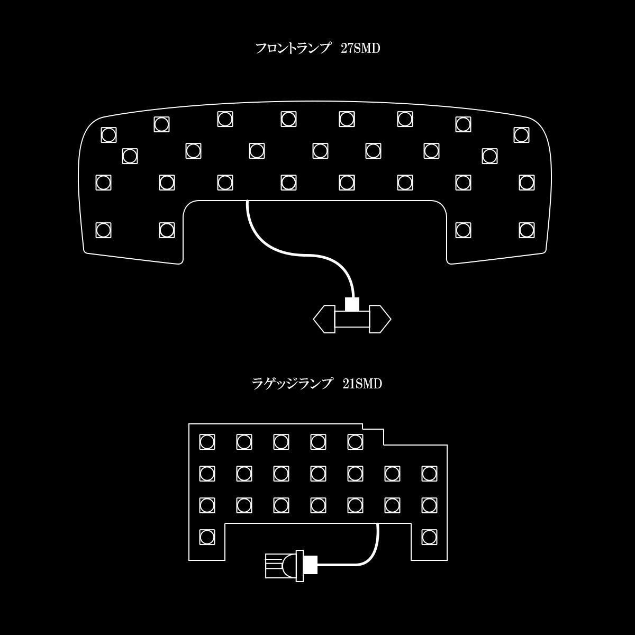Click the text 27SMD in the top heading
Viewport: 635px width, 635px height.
point(360,49)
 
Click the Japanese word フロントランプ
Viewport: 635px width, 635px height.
point(293,49)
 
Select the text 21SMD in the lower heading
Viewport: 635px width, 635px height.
point(362,384)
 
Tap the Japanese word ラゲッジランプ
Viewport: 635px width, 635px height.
point(291,384)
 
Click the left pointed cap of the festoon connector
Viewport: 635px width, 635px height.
point(324,319)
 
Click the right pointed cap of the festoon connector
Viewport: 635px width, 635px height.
point(380,319)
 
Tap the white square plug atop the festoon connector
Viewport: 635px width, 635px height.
point(352,304)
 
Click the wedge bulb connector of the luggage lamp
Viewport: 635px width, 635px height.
point(284,566)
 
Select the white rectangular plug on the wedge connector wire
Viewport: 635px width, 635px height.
point(310,565)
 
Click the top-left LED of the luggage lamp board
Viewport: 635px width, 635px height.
point(207,442)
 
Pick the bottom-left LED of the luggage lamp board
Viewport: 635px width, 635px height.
point(207,537)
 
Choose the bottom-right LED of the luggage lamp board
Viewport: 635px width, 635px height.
point(429,537)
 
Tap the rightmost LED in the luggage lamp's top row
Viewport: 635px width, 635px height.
point(355,442)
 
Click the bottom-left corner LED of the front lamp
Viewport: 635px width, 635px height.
point(103,230)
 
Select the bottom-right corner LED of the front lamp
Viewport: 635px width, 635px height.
point(527,230)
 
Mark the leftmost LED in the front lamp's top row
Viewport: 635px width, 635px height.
point(108,135)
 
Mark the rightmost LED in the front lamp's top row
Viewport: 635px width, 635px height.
point(521,135)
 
